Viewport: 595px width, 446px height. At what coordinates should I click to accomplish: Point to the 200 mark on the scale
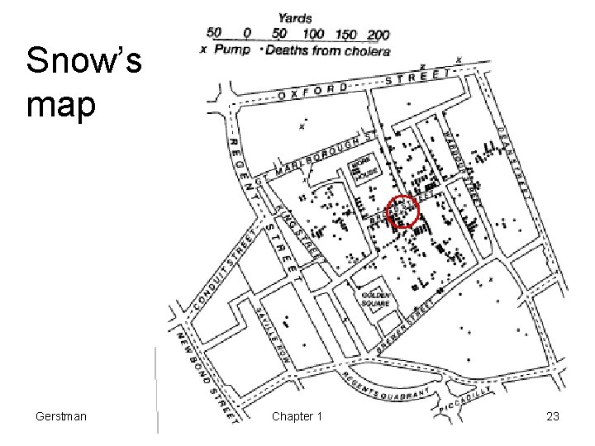click(378, 34)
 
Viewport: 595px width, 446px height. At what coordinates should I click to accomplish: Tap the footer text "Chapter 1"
click(297, 416)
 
